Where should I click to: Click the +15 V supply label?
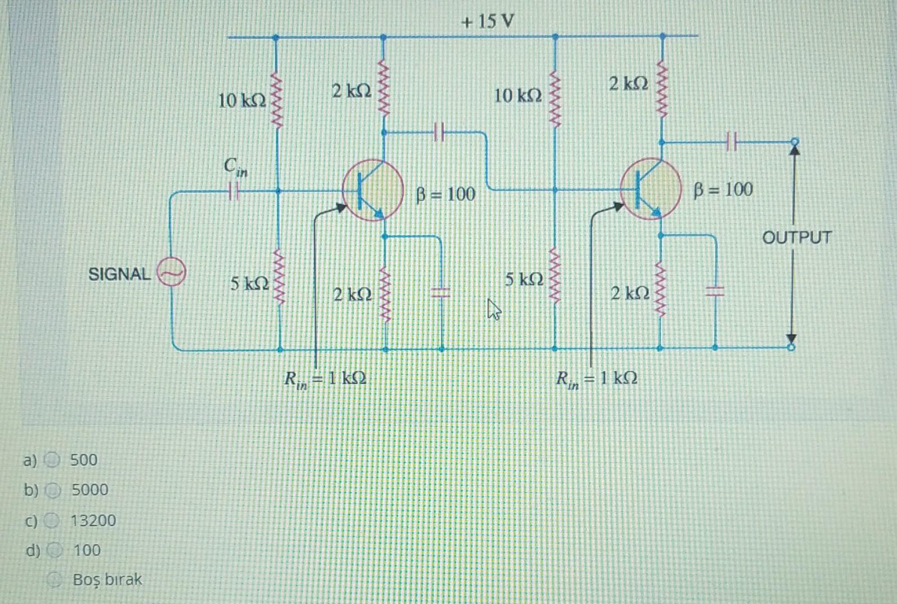[x=487, y=22]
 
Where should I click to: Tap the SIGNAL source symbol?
[x=171, y=272]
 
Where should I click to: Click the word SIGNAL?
[x=119, y=274]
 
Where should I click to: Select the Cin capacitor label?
[x=235, y=166]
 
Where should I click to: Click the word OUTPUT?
[x=797, y=238]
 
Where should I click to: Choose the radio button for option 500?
[x=53, y=460]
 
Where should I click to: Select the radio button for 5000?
[x=53, y=490]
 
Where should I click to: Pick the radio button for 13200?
[x=52, y=521]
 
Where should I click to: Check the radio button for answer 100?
[x=54, y=550]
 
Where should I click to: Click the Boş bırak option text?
[x=107, y=579]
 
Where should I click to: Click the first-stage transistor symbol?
[x=373, y=191]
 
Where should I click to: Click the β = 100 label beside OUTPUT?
[x=723, y=190]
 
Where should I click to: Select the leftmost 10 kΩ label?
[x=241, y=101]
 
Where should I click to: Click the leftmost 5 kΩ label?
[x=249, y=284]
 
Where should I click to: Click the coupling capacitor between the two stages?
[x=439, y=133]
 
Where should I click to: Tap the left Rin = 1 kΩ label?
[x=325, y=379]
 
